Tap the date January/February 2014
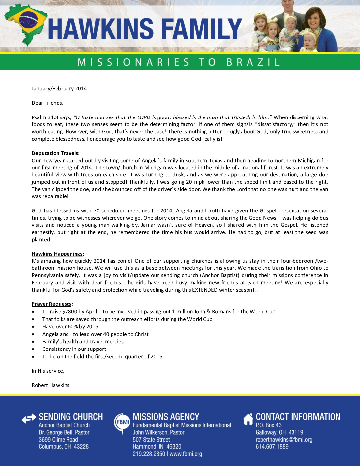(59, 89)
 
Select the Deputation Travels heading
(55, 153)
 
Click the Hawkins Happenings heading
(57, 254)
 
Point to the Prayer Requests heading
(52, 304)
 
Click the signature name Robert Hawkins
(51, 385)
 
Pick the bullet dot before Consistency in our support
(33, 349)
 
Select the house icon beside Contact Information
(248, 419)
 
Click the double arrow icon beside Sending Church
(29, 419)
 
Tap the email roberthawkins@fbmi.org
(284, 440)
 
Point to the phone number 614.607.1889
(272, 447)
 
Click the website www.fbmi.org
(186, 454)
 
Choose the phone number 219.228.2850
(149, 454)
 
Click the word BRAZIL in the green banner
(253, 62)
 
